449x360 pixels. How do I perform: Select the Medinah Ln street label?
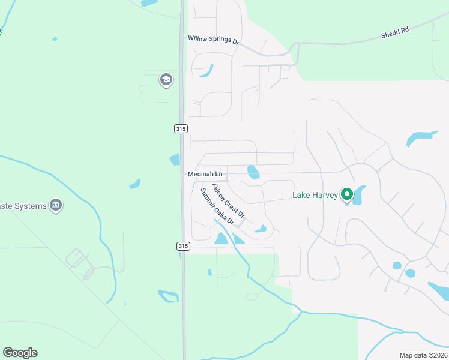tap(205, 174)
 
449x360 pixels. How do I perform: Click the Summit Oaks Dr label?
tap(217, 205)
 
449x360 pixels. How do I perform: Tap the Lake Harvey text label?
tap(315, 195)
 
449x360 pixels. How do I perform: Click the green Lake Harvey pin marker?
tap(346, 194)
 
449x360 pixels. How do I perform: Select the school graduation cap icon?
tap(166, 80)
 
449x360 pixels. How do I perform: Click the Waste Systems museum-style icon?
tap(56, 206)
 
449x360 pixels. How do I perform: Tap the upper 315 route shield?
tap(181, 128)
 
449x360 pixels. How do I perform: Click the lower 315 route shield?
tap(184, 246)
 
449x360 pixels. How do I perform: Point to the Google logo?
tap(20, 353)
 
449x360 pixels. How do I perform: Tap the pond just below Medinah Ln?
tap(253, 172)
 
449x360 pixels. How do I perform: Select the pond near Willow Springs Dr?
tap(206, 71)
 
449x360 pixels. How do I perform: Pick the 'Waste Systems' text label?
tap(23, 206)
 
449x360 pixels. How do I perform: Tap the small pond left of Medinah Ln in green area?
tap(134, 184)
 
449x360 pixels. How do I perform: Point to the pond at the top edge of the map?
tap(149, 3)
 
